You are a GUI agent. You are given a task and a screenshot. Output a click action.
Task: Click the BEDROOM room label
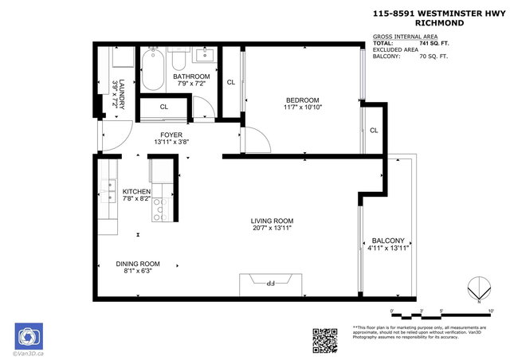tap(302, 100)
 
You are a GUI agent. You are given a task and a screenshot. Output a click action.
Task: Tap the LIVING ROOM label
tap(273, 221)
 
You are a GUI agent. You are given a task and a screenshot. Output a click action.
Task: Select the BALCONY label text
tap(389, 241)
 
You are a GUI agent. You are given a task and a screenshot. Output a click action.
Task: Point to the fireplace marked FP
tap(272, 281)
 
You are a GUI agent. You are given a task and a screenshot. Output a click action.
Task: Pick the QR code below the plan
tap(325, 339)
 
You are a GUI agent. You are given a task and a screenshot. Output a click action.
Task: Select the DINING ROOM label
tap(139, 264)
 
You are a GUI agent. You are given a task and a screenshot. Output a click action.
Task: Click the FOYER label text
tap(171, 135)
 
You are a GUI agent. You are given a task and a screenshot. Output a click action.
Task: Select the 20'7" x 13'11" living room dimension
tap(273, 229)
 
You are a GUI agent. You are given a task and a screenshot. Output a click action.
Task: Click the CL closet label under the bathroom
tap(164, 106)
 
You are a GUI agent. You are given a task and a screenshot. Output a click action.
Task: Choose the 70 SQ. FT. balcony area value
tap(434, 57)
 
